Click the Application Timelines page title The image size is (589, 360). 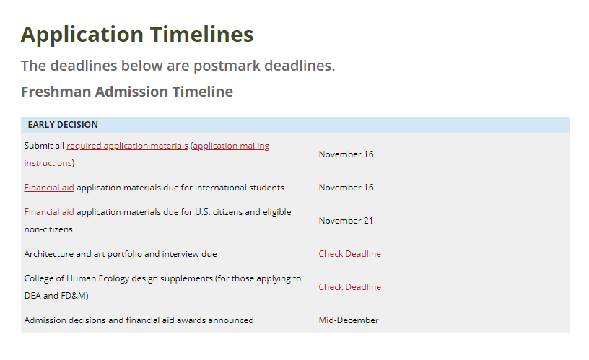[x=137, y=35]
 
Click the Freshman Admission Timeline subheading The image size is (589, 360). [x=127, y=92]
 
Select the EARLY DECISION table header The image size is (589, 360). [x=63, y=125]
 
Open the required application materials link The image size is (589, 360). [x=127, y=146]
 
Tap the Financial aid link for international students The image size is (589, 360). [x=49, y=188]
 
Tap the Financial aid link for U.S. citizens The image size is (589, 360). [x=49, y=212]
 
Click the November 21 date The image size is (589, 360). [x=346, y=221]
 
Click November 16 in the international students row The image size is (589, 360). [x=346, y=188]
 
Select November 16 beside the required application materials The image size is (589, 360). [x=346, y=154]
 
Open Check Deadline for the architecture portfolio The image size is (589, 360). [x=349, y=254]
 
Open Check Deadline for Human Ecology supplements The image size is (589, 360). [x=349, y=287]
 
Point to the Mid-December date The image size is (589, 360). [x=349, y=320]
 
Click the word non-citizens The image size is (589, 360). [x=48, y=229]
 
